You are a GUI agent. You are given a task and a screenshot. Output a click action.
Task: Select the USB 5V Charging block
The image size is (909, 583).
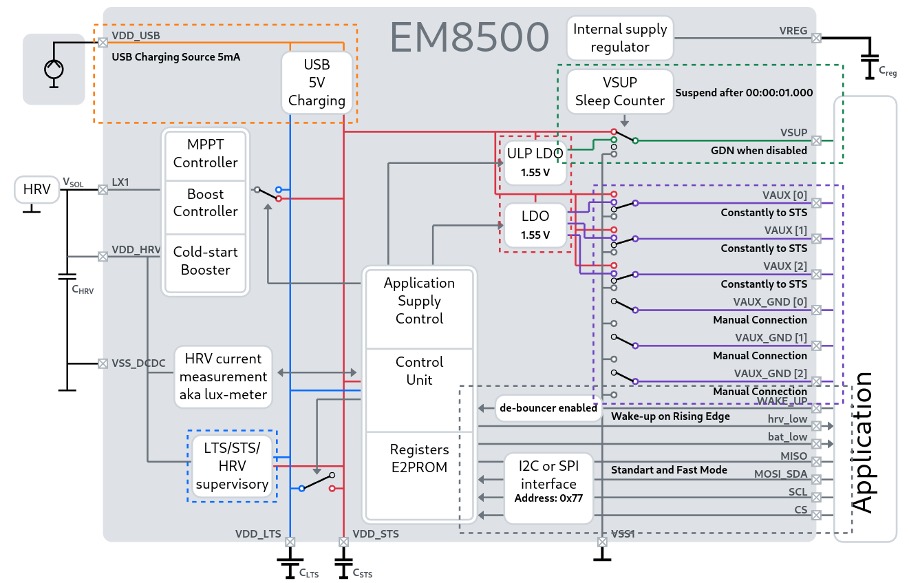pos(317,83)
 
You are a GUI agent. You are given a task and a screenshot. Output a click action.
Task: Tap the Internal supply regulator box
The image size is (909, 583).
pos(620,39)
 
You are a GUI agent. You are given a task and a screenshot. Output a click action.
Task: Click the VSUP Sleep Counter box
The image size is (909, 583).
pos(620,92)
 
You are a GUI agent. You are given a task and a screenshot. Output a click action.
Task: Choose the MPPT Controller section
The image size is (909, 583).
pos(205,153)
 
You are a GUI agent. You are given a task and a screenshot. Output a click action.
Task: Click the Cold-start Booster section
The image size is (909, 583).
pos(205,261)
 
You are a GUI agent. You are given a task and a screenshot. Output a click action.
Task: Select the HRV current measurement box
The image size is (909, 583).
pos(223,377)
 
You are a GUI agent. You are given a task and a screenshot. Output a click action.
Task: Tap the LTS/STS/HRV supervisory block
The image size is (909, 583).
pos(232,466)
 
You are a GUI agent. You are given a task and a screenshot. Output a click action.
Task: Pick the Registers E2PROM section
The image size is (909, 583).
pos(419,459)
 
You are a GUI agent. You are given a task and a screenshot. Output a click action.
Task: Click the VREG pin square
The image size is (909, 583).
pos(816,38)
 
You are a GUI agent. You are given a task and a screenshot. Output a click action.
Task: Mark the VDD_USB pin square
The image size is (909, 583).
pos(103,43)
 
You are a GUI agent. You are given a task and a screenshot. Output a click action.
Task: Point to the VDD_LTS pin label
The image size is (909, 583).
pos(258,533)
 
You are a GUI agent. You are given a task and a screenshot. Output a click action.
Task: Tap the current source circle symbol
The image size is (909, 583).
pos(54,70)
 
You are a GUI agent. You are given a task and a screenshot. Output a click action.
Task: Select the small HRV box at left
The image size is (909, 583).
pos(37,189)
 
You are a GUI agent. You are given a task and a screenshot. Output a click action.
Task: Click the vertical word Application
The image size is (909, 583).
pos(862,442)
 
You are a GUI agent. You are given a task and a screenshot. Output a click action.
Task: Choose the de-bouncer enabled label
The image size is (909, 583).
pos(548,407)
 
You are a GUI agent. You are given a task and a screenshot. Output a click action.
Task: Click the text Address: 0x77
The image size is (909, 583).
pos(549,497)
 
